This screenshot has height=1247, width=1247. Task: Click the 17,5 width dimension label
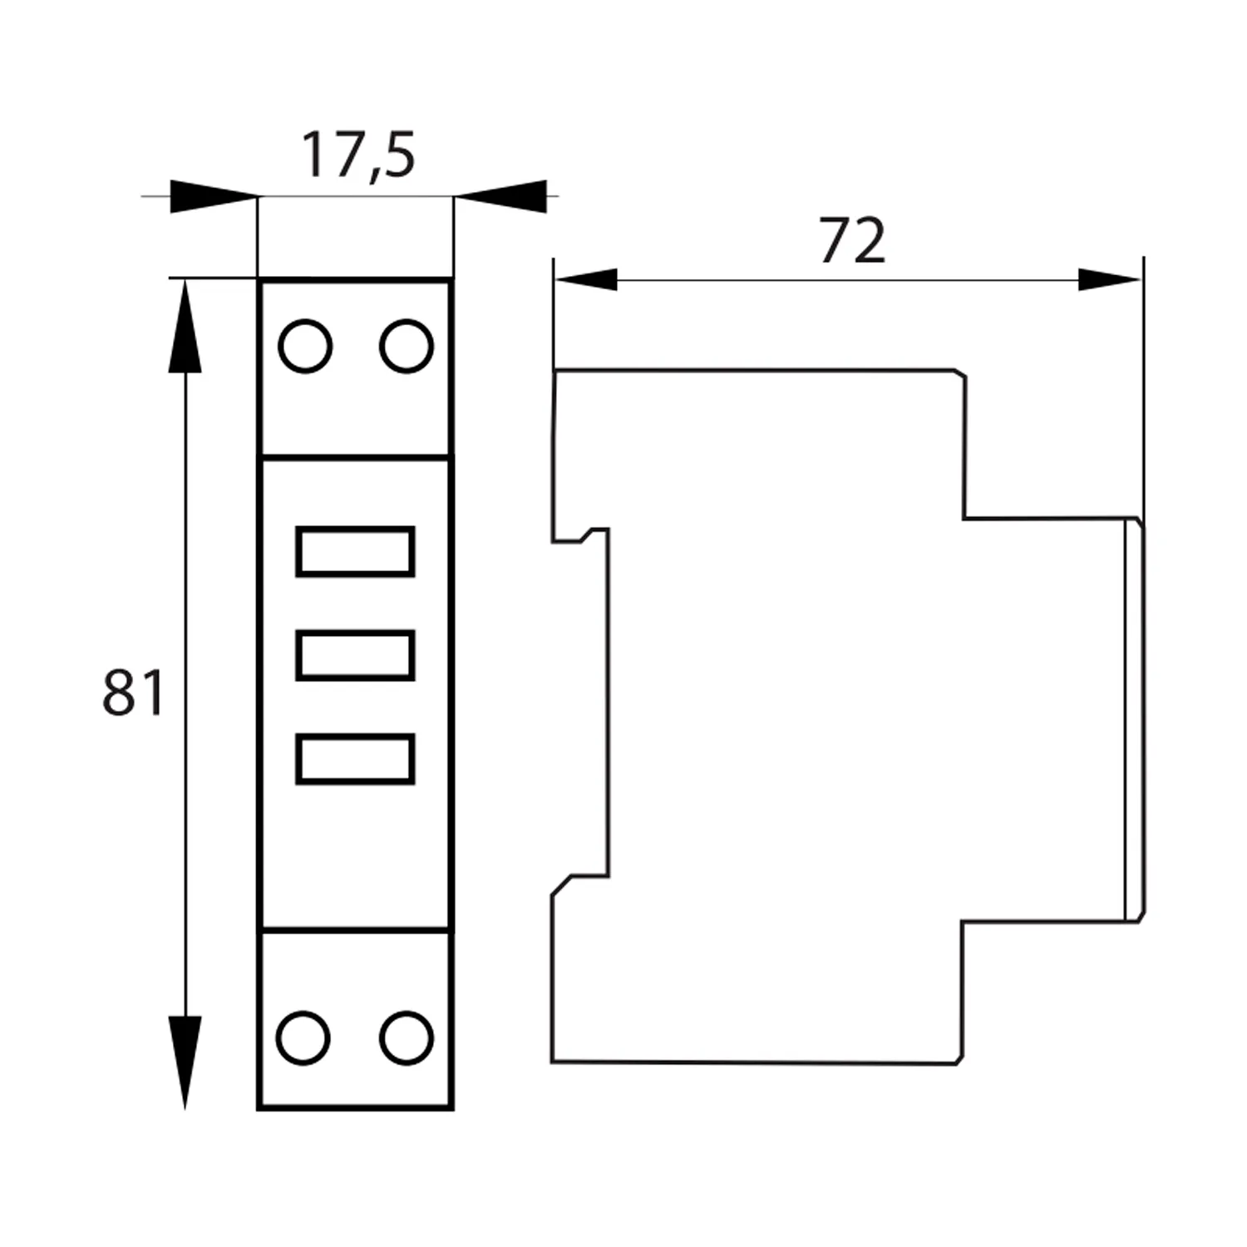tap(357, 155)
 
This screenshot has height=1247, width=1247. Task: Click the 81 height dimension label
tap(133, 693)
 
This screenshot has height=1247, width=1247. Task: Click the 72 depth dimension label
tap(852, 241)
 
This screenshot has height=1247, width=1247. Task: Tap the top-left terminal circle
tap(305, 346)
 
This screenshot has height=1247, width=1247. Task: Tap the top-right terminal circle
tap(406, 346)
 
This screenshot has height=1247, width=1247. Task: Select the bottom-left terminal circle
tap(303, 1038)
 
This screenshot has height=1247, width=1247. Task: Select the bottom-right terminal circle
tap(406, 1038)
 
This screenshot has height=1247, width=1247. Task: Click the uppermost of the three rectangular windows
tap(355, 551)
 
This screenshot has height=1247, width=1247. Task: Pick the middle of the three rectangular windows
tap(355, 655)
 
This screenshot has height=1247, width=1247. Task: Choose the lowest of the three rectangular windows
tap(355, 759)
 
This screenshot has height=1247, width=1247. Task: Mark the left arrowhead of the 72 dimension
tap(586, 280)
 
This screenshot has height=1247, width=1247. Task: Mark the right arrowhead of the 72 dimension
tap(1109, 280)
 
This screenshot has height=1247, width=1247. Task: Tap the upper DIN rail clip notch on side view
tap(582, 535)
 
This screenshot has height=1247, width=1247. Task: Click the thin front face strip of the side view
tap(1133, 719)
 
